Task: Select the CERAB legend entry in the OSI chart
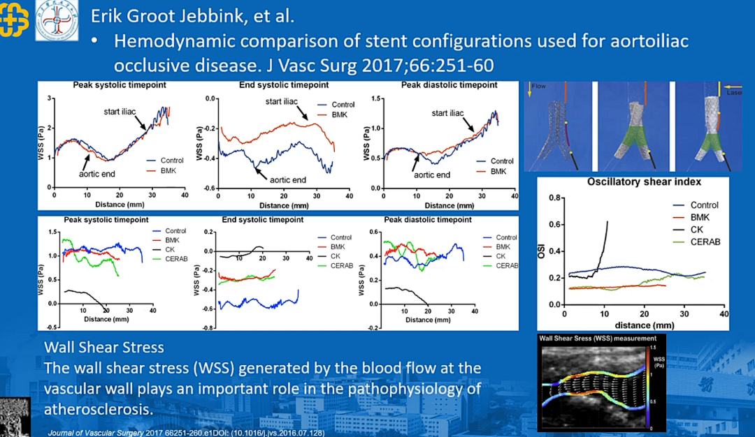pos(705,242)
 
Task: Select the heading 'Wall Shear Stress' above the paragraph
pos(104,347)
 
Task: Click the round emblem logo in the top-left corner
pos(57,20)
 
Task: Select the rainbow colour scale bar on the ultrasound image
pos(651,387)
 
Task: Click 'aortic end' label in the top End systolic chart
pos(288,180)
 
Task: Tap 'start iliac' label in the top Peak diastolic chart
pos(447,113)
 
